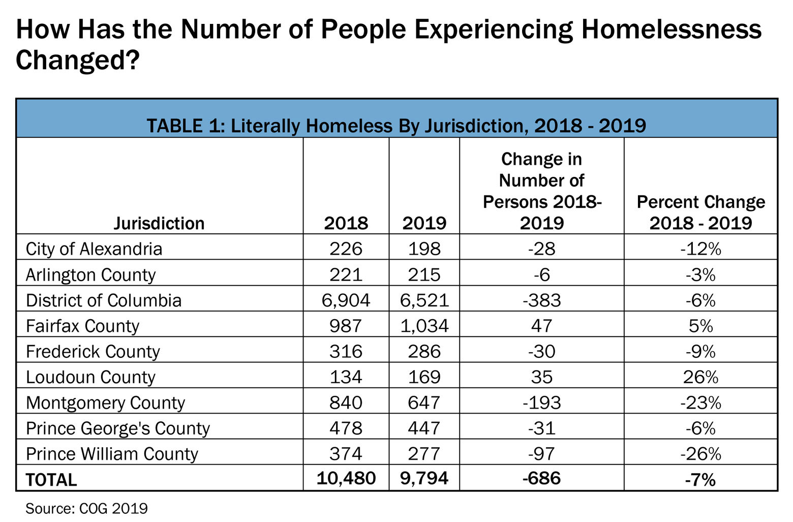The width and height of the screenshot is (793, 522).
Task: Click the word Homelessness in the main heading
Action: tap(671, 29)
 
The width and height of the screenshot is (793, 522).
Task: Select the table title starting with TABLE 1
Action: tap(396, 125)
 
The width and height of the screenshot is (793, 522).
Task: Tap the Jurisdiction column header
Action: tap(159, 223)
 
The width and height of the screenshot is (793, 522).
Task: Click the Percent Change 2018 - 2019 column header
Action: tap(700, 212)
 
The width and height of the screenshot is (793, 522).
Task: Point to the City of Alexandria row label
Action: tap(94, 249)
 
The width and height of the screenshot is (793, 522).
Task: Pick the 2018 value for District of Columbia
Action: tap(346, 300)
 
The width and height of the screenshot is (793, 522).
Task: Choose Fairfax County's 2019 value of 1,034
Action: tap(424, 325)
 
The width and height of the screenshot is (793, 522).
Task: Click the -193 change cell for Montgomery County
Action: tap(541, 403)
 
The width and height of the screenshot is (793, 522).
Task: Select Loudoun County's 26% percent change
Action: tap(700, 377)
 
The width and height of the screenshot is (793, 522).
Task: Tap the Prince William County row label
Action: tap(112, 454)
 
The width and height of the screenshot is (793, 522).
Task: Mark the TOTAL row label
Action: tap(51, 480)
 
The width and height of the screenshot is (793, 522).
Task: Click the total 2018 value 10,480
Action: tap(346, 478)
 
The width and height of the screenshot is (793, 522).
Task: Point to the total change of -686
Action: tap(541, 478)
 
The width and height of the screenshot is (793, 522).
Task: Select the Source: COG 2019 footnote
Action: tap(86, 508)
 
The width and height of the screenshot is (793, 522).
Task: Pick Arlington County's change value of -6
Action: tap(541, 274)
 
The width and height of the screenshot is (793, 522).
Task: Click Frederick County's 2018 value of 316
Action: tap(346, 351)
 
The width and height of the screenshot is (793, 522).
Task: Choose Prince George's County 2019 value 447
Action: tap(424, 428)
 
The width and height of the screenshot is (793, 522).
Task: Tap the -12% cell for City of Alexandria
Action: tap(700, 249)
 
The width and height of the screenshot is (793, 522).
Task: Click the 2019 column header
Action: tap(424, 223)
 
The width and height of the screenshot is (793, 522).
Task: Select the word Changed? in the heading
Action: tap(77, 60)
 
